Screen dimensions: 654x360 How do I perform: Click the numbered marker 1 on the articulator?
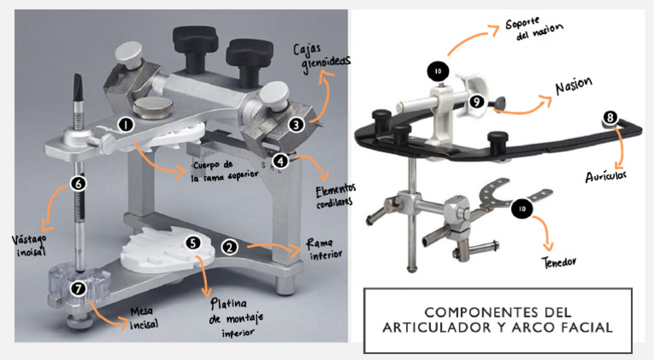(x=125, y=124)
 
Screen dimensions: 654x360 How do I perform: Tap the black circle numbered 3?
(x=296, y=124)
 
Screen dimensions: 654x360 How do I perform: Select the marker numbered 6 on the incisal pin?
(x=78, y=183)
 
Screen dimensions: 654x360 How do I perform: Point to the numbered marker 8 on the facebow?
(x=611, y=117)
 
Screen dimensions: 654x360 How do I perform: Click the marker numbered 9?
(x=477, y=101)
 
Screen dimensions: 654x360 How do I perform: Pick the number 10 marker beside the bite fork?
(x=522, y=208)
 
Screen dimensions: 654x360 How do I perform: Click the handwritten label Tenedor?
(x=559, y=262)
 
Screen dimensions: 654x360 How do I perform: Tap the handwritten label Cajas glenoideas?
(x=321, y=58)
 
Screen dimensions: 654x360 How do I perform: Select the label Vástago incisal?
(x=29, y=246)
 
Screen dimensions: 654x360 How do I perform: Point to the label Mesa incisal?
(x=143, y=318)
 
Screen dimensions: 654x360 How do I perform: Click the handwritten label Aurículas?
(x=605, y=177)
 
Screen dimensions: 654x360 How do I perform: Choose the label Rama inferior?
(x=324, y=249)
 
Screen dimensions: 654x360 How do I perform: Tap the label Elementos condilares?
(x=336, y=197)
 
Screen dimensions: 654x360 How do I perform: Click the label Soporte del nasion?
(x=534, y=28)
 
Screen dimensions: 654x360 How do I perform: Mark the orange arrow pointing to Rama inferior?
(x=273, y=248)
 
